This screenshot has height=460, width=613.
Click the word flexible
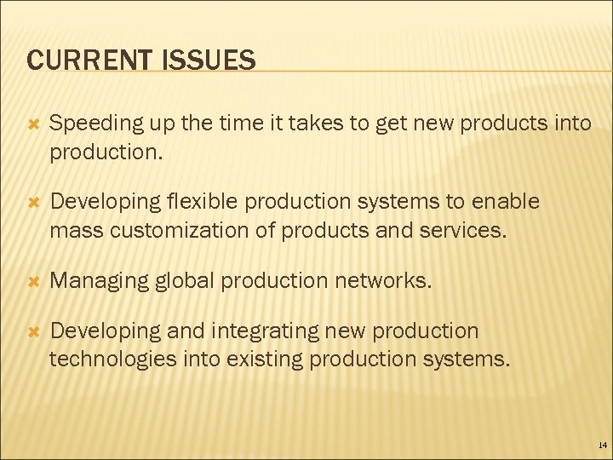tap(205, 202)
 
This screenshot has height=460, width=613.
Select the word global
tap(178, 281)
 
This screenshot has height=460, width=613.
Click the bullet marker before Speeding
tap(34, 124)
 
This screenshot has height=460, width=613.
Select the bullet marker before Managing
tap(34, 280)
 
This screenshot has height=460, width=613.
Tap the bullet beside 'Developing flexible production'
tap(34, 202)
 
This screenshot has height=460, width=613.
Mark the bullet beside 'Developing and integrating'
tap(34, 331)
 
